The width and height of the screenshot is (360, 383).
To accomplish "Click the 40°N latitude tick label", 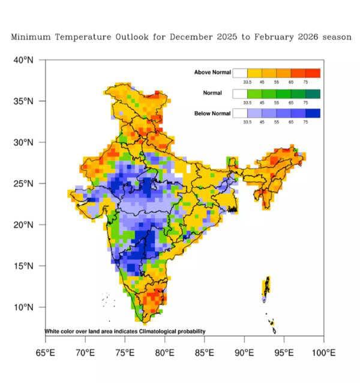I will click(x=25, y=60).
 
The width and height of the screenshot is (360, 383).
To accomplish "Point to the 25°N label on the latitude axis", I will click(x=25, y=184).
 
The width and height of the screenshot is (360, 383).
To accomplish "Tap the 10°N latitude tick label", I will click(x=25, y=307).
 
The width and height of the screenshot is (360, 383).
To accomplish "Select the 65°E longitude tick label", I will click(x=46, y=352).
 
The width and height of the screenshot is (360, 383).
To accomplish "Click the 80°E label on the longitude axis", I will click(x=164, y=352).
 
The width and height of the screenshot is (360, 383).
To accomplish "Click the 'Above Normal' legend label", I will click(x=212, y=73).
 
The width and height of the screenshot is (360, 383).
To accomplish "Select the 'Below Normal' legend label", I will click(x=212, y=113).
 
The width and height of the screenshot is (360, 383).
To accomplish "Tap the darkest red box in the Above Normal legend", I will click(x=313, y=73).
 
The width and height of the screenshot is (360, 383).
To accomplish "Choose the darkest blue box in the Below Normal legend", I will click(x=313, y=113).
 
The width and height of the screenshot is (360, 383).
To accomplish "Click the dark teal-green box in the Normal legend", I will click(x=313, y=94).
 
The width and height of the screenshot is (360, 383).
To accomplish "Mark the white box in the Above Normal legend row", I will click(x=240, y=73).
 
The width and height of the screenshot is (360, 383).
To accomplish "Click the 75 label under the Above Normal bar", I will click(x=305, y=82).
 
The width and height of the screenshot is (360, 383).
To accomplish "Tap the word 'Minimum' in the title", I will click(x=29, y=37).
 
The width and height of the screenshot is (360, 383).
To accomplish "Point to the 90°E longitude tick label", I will click(x=244, y=352).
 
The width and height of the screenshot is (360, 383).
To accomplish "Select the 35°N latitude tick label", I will click(x=25, y=101).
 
